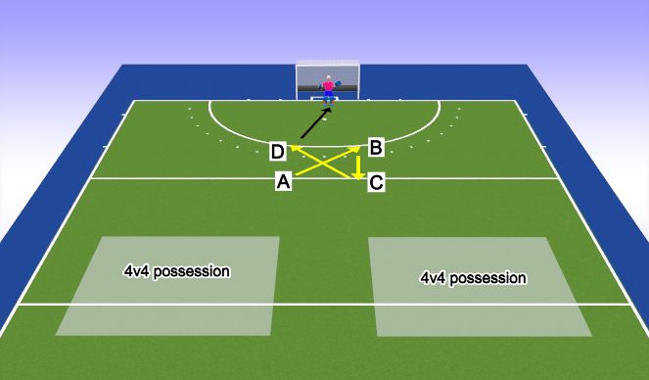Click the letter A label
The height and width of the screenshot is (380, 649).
(284, 181)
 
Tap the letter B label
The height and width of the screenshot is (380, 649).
(375, 148)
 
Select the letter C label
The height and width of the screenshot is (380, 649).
(375, 181)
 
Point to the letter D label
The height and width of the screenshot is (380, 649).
(278, 151)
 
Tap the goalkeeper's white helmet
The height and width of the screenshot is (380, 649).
(328, 78)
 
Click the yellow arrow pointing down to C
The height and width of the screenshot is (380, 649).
(359, 166)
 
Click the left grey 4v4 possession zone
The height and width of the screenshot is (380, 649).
(167, 284)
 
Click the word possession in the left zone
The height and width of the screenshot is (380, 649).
(196, 270)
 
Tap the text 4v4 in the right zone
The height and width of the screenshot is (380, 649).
(432, 278)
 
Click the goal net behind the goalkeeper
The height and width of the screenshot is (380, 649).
(309, 78)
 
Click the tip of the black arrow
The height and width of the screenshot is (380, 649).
(330, 108)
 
